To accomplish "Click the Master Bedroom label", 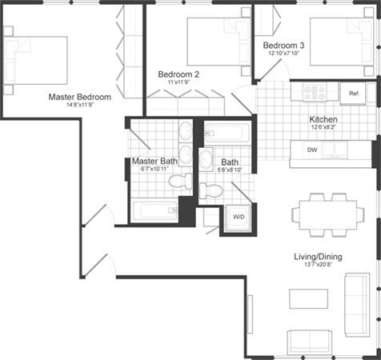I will (79, 97).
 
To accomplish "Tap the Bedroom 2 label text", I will (178, 74).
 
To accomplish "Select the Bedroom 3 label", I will (283, 46).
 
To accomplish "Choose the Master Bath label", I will (154, 161).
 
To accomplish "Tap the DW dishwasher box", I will (314, 150).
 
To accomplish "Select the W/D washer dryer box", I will (239, 217).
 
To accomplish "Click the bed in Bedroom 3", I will (336, 40).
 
